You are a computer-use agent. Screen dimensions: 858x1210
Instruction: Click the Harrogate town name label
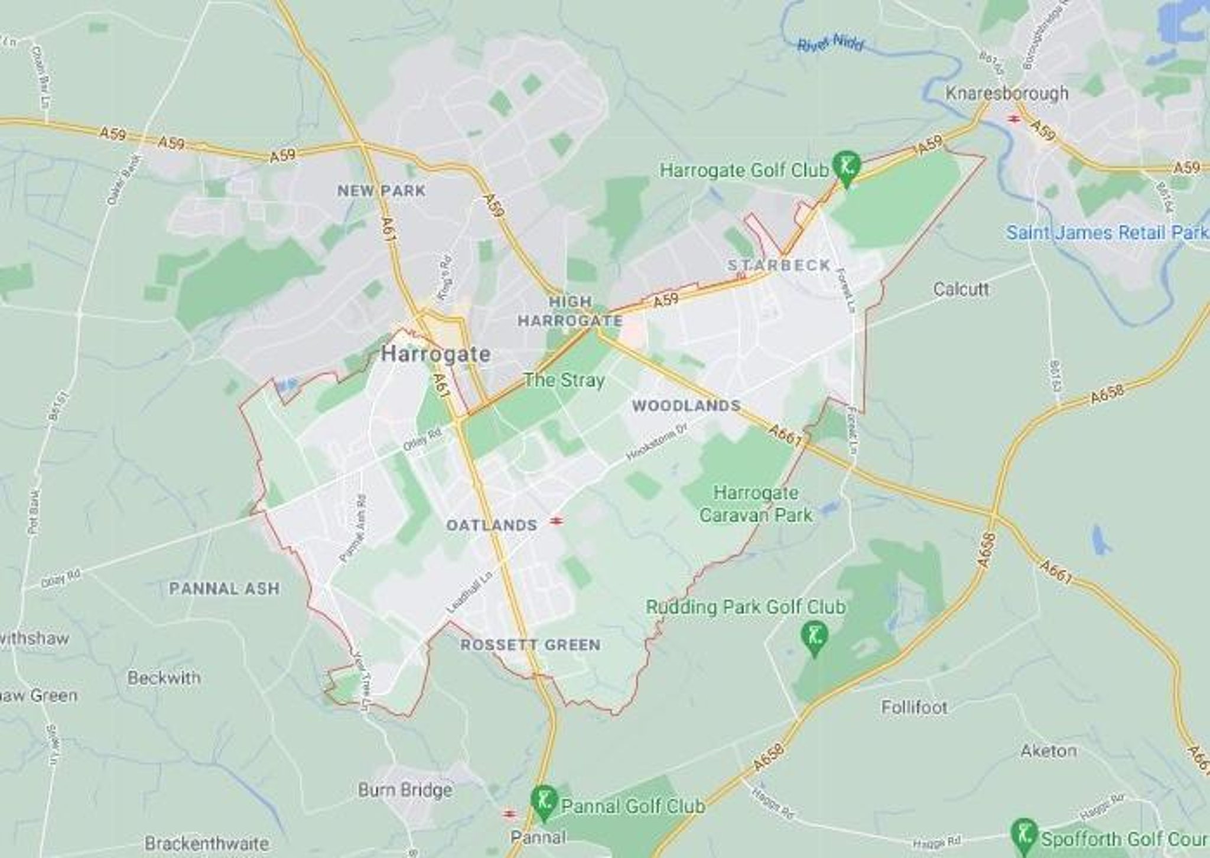pos(436,354)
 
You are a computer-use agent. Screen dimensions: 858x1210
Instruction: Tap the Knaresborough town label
pos(1007,93)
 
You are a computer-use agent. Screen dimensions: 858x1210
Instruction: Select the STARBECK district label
pos(779,265)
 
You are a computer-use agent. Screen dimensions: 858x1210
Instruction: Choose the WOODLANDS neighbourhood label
pos(686,406)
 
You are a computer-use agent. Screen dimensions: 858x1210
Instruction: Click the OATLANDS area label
pos(492,525)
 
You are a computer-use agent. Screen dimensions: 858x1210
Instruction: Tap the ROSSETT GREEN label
pos(531,645)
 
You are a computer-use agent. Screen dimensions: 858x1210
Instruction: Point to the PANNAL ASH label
pos(225,589)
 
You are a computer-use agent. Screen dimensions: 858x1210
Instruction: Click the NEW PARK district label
pos(381,191)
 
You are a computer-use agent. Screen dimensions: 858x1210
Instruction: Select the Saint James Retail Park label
pos(1107,232)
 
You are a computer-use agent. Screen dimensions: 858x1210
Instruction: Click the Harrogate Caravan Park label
pos(756,503)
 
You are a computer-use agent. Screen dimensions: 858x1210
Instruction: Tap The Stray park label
pos(564,380)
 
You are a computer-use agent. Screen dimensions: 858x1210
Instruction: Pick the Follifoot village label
pos(914,707)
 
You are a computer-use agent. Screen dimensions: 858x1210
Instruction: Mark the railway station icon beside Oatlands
pos(555,521)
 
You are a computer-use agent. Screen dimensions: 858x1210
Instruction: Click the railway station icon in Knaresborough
pos(1014,119)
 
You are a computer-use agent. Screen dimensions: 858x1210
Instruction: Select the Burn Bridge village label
pos(405,790)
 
